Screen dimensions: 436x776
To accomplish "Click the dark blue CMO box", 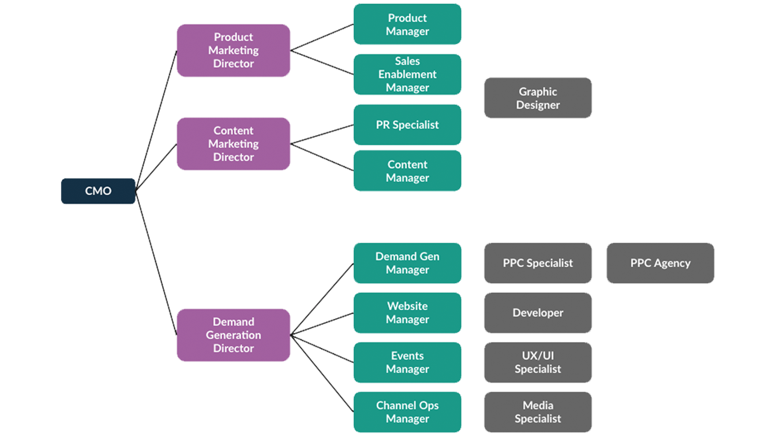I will coord(98,191).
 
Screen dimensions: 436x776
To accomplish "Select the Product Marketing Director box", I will coord(233,50).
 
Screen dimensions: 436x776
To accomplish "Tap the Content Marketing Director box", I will coord(233,144).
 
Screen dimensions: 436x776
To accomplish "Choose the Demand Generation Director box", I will coord(233,335).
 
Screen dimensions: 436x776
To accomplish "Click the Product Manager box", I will coord(407,25).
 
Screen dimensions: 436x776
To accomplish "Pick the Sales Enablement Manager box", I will coord(407,75).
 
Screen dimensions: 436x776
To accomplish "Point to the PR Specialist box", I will coord(407,125).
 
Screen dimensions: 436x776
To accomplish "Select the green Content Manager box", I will coord(407,171).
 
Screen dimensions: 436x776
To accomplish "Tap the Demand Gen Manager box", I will coord(407,263).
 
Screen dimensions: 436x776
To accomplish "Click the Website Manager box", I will coord(407,313).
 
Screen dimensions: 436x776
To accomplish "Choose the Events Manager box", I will coord(407,363).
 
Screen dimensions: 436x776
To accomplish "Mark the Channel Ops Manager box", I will coord(407,412).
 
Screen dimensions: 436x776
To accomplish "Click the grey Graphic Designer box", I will coord(538,98).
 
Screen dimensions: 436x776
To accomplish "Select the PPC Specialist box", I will coord(538,263).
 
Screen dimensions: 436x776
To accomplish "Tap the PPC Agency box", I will coord(660,263).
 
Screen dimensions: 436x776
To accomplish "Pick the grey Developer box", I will coord(538,313).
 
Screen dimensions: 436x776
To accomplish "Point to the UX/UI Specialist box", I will coord(538,363).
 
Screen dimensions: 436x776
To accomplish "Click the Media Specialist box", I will coord(538,412).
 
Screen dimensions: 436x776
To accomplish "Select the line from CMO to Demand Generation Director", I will coord(156,262).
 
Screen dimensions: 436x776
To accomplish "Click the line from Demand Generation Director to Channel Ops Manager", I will coord(322,374).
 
